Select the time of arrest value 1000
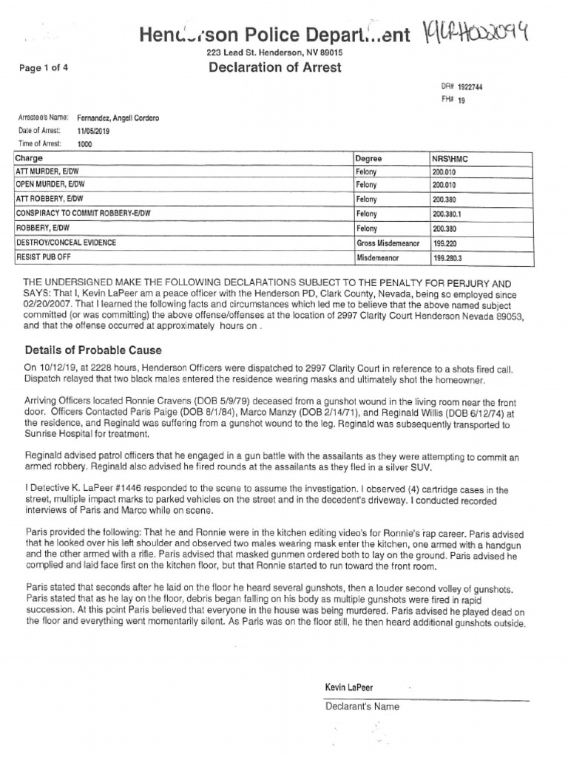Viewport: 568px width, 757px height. [85, 144]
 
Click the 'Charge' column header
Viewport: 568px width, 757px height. [29, 158]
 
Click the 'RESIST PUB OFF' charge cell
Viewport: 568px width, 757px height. [41, 257]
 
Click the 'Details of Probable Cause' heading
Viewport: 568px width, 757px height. [92, 350]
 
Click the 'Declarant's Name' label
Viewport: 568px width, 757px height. [362, 707]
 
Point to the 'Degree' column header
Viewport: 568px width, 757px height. [368, 158]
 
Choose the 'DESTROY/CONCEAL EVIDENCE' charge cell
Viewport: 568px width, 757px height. [66, 242]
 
